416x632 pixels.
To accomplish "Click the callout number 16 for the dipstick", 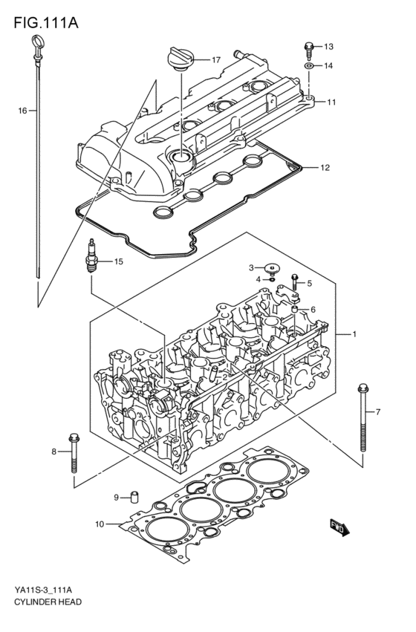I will (x=22, y=110).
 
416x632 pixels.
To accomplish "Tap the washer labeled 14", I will (x=308, y=66).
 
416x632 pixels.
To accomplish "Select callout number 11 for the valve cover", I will (x=331, y=102).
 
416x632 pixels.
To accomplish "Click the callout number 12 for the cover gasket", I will (x=324, y=167).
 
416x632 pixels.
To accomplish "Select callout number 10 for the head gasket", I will (x=100, y=525).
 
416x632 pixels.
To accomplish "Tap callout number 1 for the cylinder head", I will (x=355, y=334).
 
